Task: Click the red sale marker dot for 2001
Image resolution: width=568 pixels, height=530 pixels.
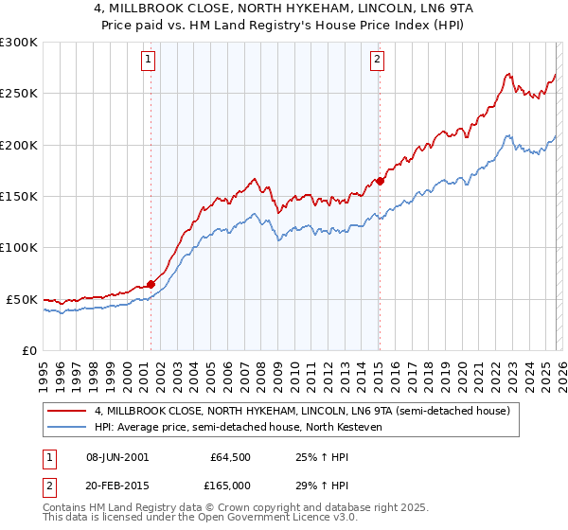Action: [x=151, y=284]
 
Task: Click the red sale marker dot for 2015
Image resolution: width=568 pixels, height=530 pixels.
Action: [x=380, y=181]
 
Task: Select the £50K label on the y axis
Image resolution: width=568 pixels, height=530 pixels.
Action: [x=22, y=299]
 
